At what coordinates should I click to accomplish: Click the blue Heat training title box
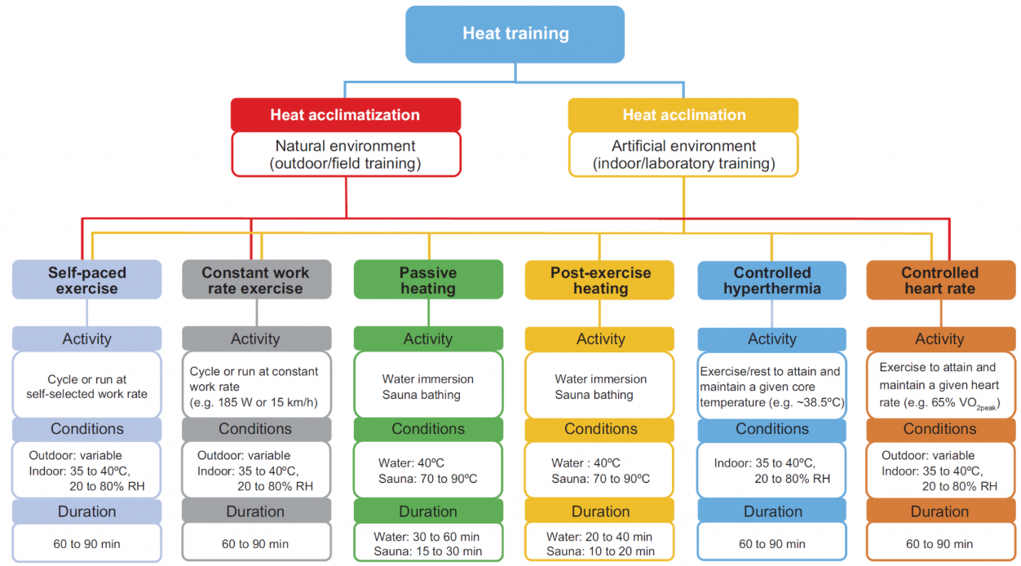pos(515,34)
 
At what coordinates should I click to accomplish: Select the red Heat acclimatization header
pos(345,115)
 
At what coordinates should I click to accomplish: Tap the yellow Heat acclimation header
pos(683,115)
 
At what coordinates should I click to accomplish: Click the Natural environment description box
pos(345,154)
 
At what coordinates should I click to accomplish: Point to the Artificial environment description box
pos(683,154)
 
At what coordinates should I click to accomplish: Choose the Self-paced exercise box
pos(86,280)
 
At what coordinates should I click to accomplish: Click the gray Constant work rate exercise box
pos(256,280)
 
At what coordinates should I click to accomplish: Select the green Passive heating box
pos(428,280)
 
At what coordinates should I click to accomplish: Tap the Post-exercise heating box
pos(599,280)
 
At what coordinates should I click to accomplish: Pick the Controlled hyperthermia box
pos(771,280)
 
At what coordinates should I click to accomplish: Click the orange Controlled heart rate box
pos(939,280)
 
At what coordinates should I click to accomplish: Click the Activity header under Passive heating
pos(428,338)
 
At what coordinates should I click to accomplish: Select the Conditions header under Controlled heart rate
pos(939,428)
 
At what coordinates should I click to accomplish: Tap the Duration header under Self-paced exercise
pos(86,511)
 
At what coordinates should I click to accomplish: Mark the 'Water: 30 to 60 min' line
pos(427,537)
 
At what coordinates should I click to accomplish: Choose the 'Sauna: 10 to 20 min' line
pos(599,551)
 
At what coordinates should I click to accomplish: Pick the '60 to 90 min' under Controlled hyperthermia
pos(771,544)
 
